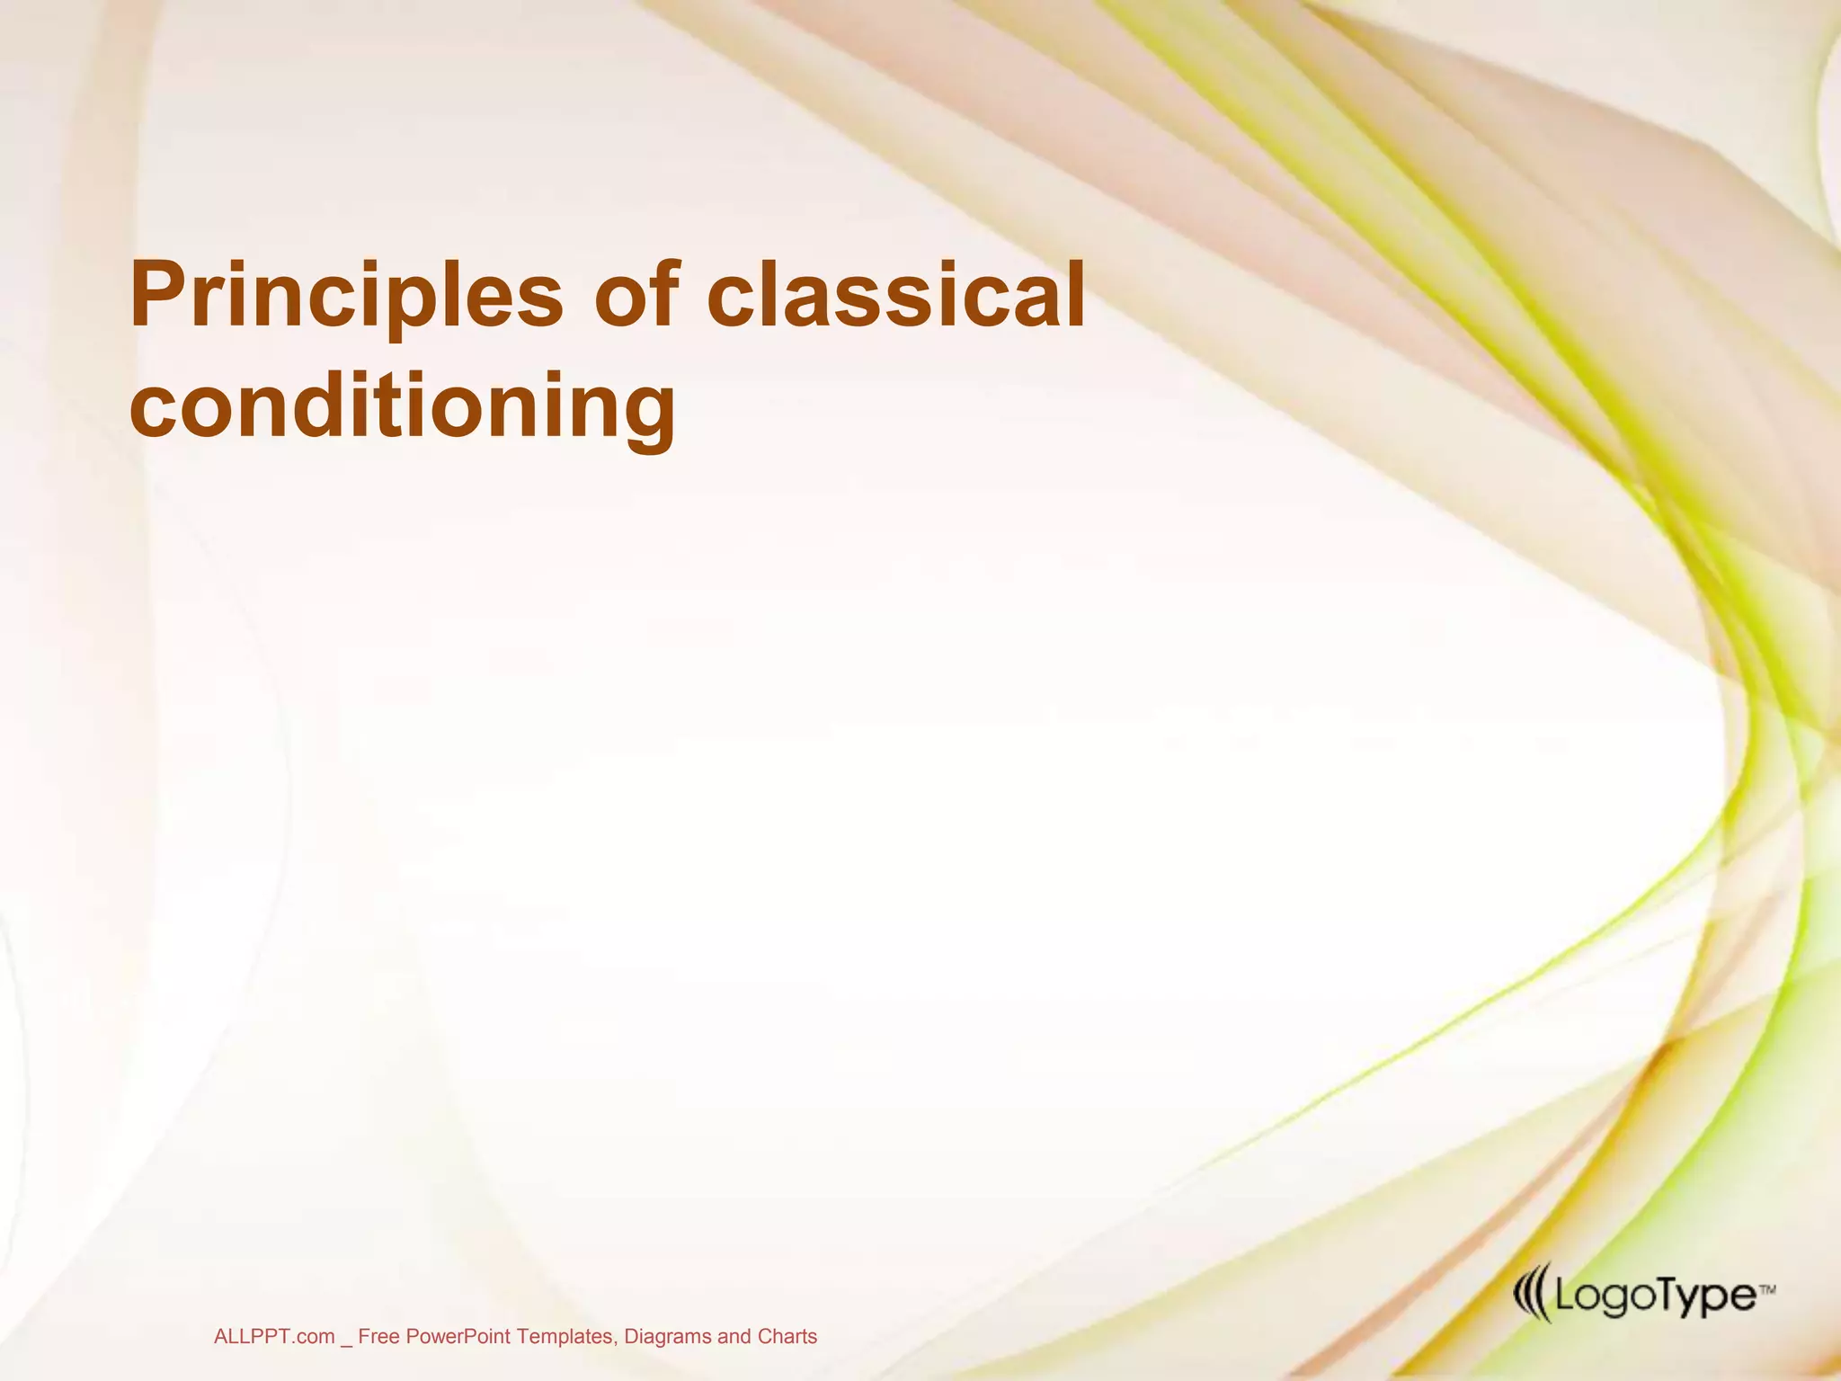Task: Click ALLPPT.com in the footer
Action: point(274,1337)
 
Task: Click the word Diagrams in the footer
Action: point(668,1337)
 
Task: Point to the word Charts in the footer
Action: point(787,1337)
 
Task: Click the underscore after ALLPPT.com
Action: point(346,1341)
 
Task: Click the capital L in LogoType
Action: point(1561,1296)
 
